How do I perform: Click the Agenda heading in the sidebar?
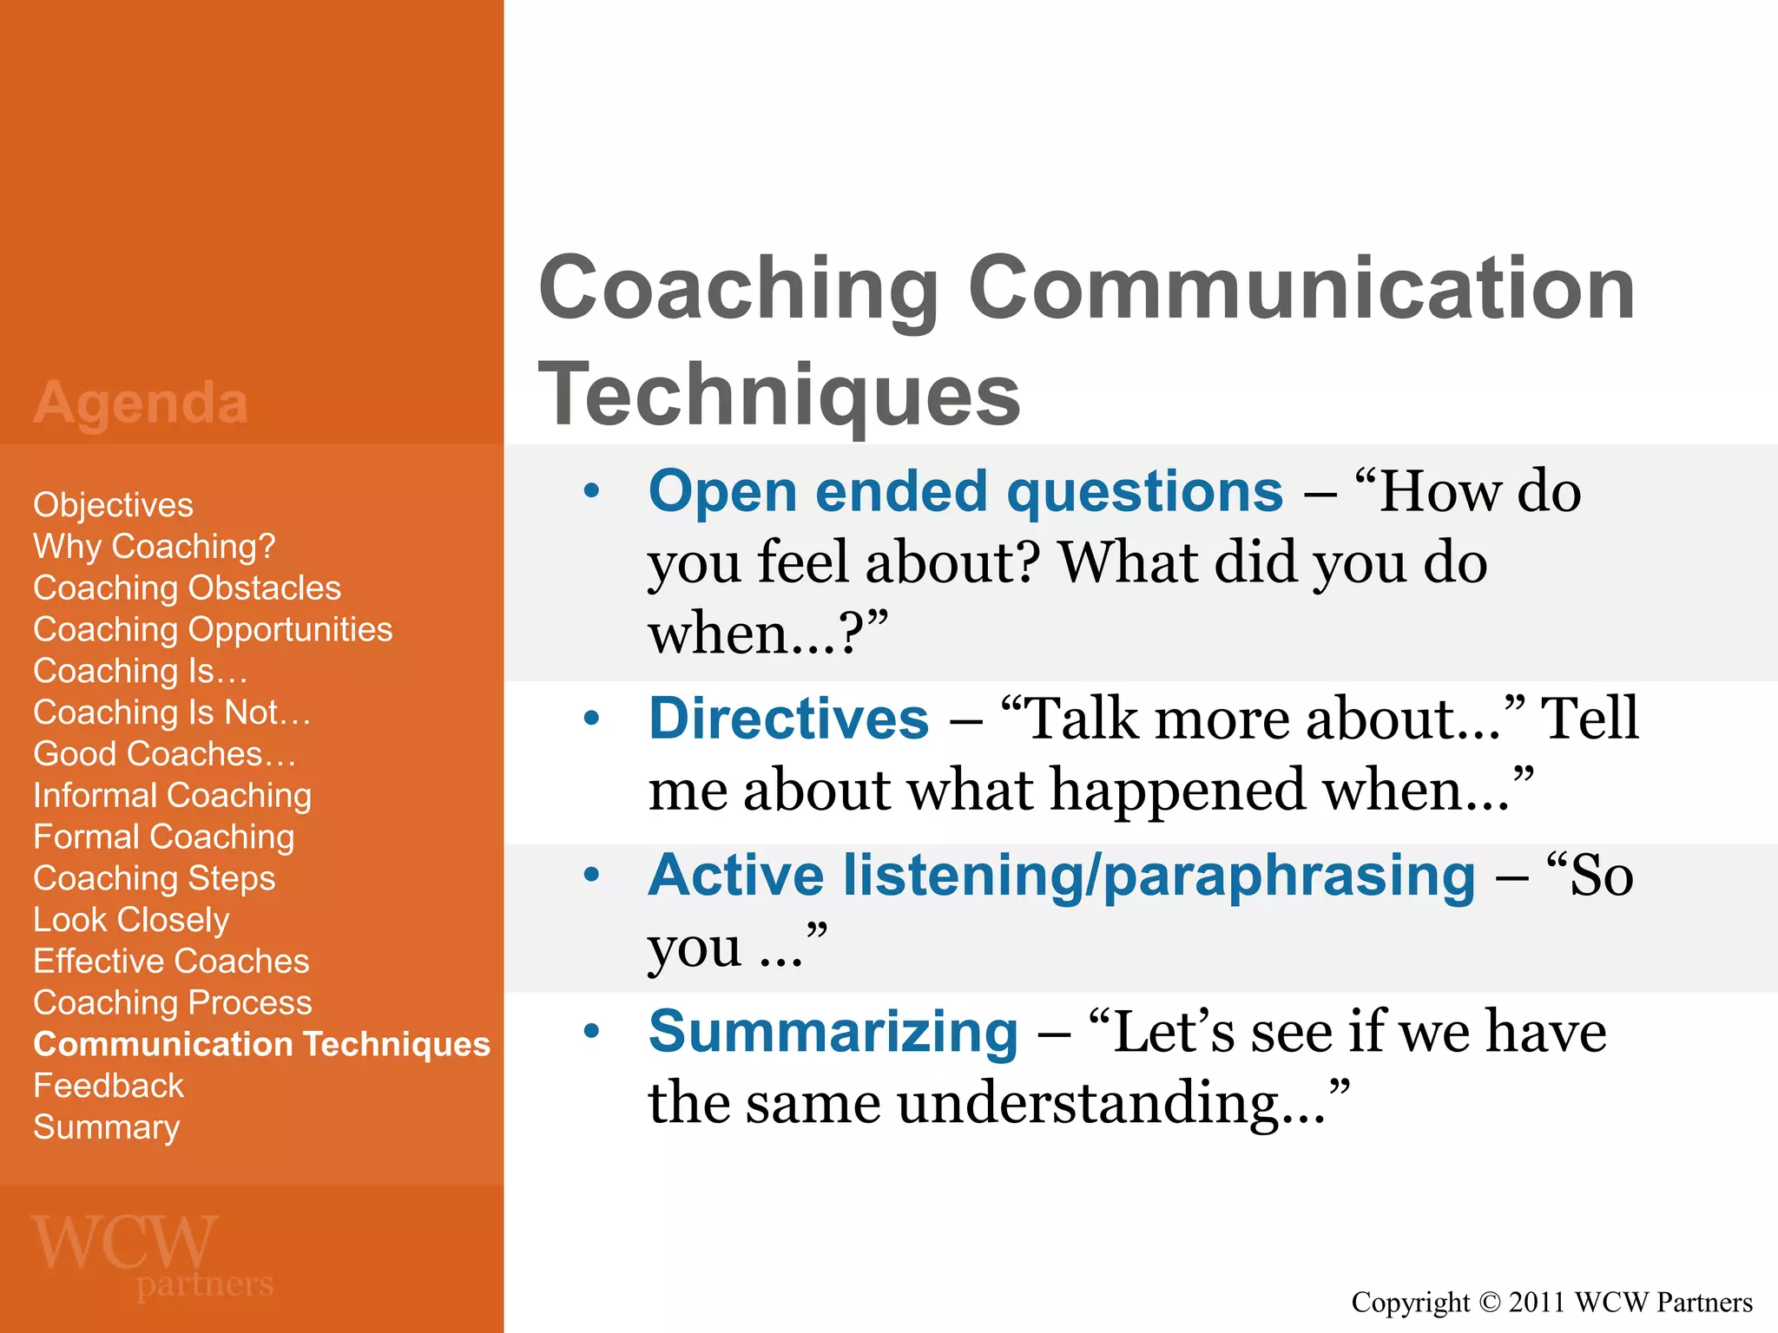tap(141, 404)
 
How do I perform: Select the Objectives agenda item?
tap(113, 505)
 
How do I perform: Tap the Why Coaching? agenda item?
tap(154, 547)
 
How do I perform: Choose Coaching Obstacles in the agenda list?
tap(187, 588)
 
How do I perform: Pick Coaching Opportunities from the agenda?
tap(213, 630)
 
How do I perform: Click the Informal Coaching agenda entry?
tap(172, 796)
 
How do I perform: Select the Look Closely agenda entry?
tap(131, 920)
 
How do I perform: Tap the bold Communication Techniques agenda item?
tap(261, 1044)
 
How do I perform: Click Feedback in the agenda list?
tap(109, 1086)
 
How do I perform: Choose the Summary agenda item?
tap(106, 1127)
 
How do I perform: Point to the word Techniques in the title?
tap(779, 395)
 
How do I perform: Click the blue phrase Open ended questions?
tap(965, 491)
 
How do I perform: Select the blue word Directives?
tap(788, 719)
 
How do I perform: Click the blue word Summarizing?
tap(833, 1032)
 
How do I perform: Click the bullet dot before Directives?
tap(592, 719)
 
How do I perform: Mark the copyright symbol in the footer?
tap(1489, 1303)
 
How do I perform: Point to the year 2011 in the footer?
tap(1538, 1303)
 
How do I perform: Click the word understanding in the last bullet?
tap(1089, 1104)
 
